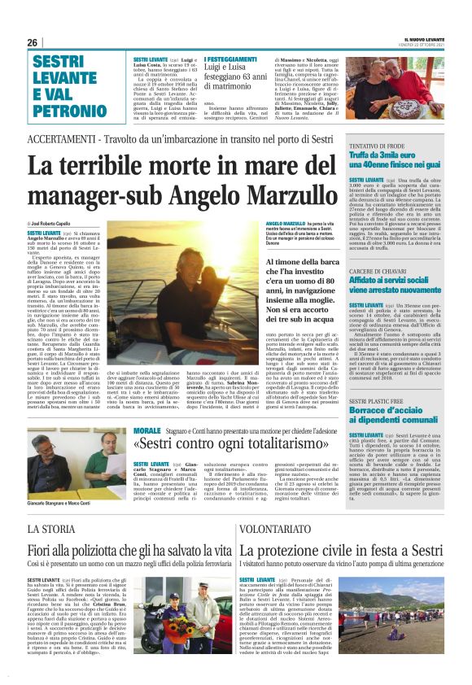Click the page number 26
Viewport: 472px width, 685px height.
33,42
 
